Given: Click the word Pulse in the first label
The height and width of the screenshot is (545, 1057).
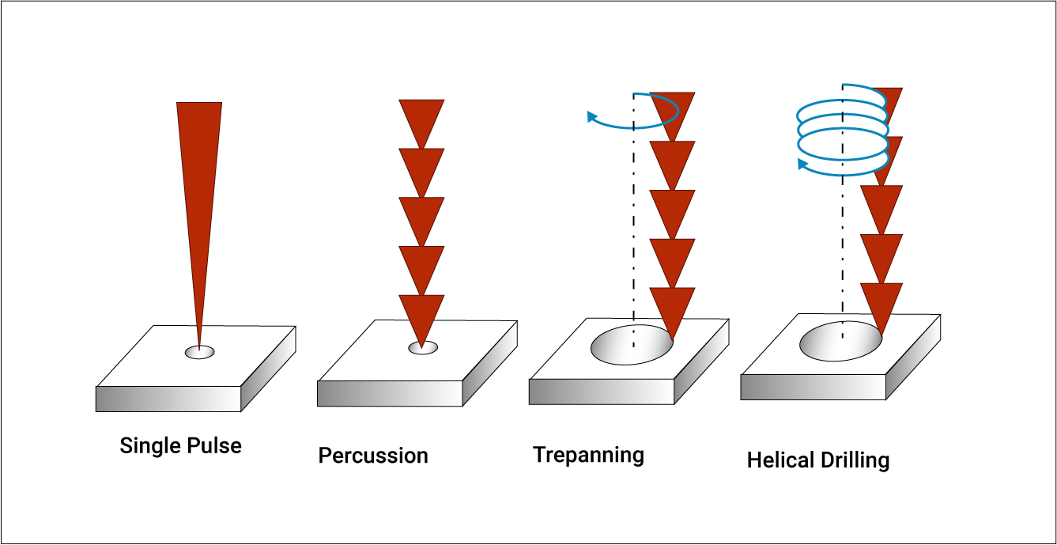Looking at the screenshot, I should pyautogui.click(x=214, y=445).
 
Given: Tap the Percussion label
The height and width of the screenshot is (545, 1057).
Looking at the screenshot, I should pyautogui.click(x=373, y=456).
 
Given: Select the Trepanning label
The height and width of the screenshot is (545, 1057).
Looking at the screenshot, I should pyautogui.click(x=588, y=455).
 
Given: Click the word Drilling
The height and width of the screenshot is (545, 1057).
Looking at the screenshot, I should pyautogui.click(x=855, y=460).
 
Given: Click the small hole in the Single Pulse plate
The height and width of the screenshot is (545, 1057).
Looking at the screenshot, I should pyautogui.click(x=199, y=352).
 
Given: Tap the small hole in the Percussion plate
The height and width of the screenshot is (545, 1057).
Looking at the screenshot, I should pyautogui.click(x=423, y=347).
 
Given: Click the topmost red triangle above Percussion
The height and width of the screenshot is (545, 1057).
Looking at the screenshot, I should pyautogui.click(x=421, y=119).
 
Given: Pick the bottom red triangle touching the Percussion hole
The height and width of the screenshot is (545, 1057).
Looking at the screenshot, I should pyautogui.click(x=421, y=316).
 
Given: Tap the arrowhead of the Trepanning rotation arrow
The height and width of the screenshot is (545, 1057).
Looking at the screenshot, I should pyautogui.click(x=591, y=117).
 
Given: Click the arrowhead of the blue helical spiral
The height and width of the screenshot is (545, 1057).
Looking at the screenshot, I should pyautogui.click(x=802, y=165).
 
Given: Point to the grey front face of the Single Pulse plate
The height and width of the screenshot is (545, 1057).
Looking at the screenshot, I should pyautogui.click(x=168, y=399).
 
